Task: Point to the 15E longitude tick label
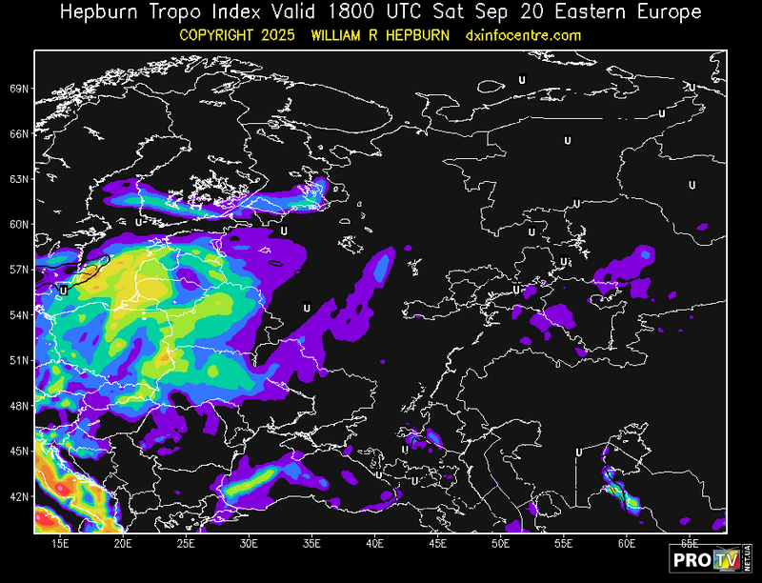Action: (60, 543)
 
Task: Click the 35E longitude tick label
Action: (311, 543)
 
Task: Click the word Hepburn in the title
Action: (98, 12)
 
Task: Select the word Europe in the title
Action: (668, 12)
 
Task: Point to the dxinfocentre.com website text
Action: (523, 35)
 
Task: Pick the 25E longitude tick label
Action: (186, 543)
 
